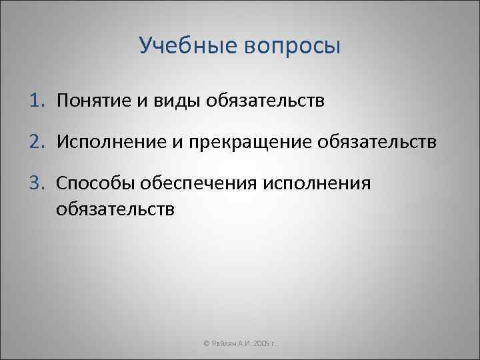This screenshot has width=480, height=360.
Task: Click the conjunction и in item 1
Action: click(144, 101)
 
